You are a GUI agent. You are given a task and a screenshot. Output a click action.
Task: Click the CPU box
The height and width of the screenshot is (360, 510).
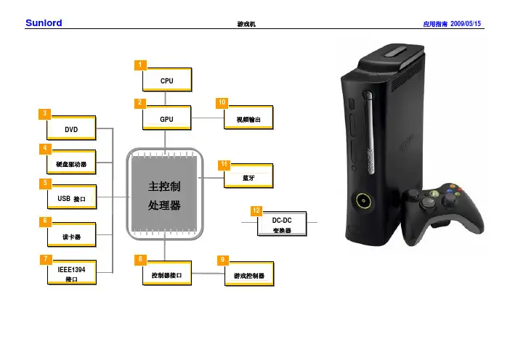(x=166, y=82)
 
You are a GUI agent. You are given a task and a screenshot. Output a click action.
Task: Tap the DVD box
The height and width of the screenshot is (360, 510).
(x=70, y=129)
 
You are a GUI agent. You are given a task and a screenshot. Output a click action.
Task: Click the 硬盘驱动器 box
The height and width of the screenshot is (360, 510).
(x=70, y=164)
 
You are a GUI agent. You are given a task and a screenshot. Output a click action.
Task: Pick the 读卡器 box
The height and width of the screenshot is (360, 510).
(x=70, y=237)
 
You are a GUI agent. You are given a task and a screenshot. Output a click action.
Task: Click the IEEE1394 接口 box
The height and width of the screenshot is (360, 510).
(x=70, y=274)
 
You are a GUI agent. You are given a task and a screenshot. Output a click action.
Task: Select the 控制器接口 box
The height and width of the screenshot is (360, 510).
(x=166, y=275)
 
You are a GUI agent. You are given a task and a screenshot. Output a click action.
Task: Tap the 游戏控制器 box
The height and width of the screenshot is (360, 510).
(x=248, y=275)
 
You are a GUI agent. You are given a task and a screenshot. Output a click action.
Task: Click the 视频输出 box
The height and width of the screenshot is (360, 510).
(x=248, y=118)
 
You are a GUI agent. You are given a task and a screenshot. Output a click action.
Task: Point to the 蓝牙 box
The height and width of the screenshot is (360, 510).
(x=248, y=176)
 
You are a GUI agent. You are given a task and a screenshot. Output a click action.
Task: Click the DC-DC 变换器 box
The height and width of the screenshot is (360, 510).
(x=282, y=224)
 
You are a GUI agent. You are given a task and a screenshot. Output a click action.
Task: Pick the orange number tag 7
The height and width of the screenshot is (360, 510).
(x=45, y=259)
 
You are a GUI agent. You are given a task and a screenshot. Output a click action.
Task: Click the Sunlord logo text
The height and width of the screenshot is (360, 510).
(x=43, y=23)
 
